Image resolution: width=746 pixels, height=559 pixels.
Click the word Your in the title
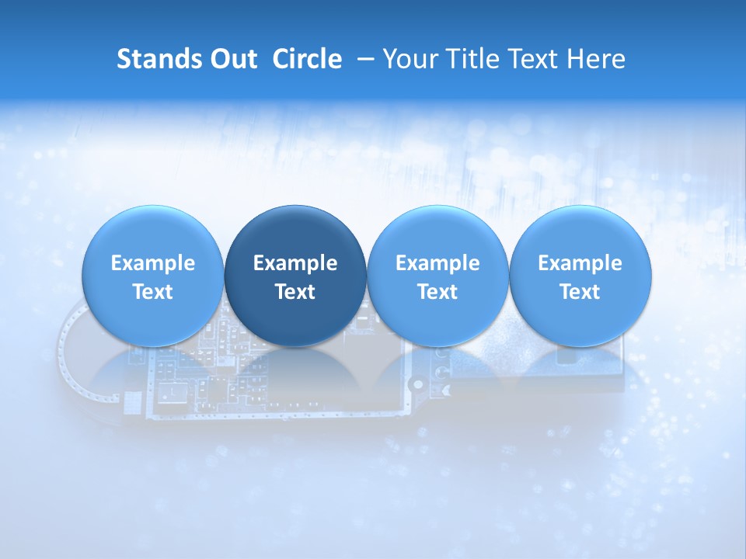point(409,59)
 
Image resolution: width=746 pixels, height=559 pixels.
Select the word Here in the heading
point(596,59)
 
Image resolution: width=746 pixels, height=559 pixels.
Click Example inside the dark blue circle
point(295,263)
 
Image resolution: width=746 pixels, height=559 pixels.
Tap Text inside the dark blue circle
point(295,292)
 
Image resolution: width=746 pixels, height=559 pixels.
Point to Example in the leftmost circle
point(153,263)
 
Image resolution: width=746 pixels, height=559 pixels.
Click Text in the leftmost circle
point(153,292)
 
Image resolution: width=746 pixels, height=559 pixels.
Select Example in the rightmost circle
point(580,263)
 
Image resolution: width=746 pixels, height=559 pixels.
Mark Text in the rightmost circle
point(580,292)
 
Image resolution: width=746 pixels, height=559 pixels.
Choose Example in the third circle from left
point(437,263)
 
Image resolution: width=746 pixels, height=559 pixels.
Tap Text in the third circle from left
point(437,292)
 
